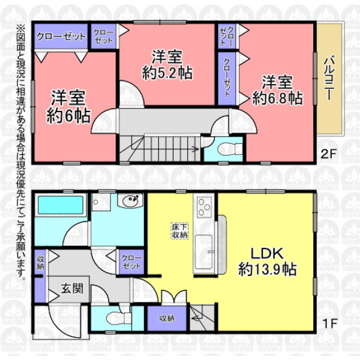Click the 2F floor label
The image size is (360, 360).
[329, 154]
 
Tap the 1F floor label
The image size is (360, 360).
[329, 323]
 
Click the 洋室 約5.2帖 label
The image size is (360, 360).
[167, 65]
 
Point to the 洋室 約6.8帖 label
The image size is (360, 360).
[277, 90]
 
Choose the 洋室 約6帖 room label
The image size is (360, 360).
[68, 107]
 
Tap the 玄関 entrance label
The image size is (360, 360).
[72, 288]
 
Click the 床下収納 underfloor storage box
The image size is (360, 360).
[180, 231]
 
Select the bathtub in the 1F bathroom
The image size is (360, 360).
[61, 205]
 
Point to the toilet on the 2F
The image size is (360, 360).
[228, 149]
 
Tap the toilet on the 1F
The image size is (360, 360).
[118, 318]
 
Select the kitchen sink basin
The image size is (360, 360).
[204, 253]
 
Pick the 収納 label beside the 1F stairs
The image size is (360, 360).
[167, 319]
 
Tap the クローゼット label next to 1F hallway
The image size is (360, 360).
[131, 262]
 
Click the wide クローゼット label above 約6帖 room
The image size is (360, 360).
[61, 37]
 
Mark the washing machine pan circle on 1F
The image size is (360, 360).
[95, 202]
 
